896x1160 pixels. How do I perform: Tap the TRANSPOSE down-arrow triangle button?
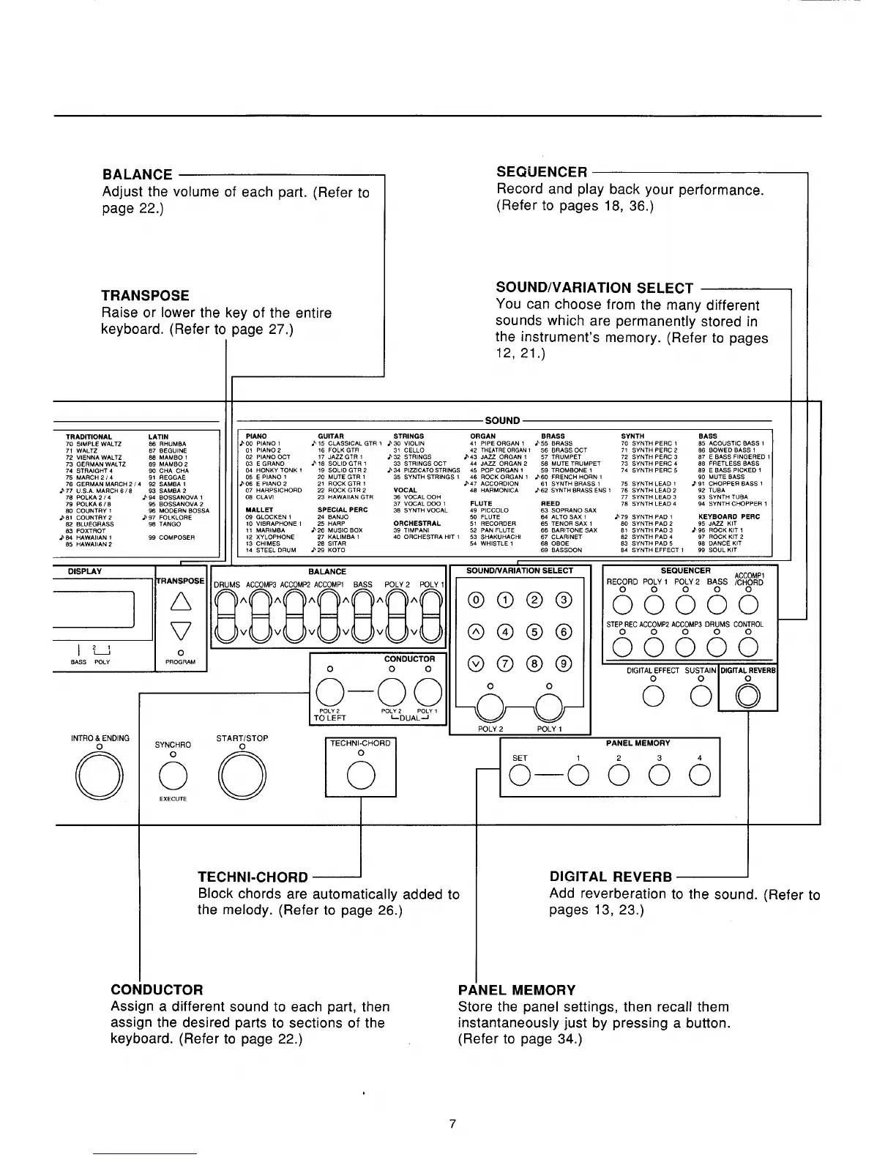click(x=180, y=629)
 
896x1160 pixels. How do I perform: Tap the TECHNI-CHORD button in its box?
click(x=361, y=775)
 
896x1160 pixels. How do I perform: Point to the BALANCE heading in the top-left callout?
click(x=138, y=175)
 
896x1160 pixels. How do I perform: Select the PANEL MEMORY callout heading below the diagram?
click(x=516, y=990)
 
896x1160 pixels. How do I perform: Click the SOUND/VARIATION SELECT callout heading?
click(x=594, y=288)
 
